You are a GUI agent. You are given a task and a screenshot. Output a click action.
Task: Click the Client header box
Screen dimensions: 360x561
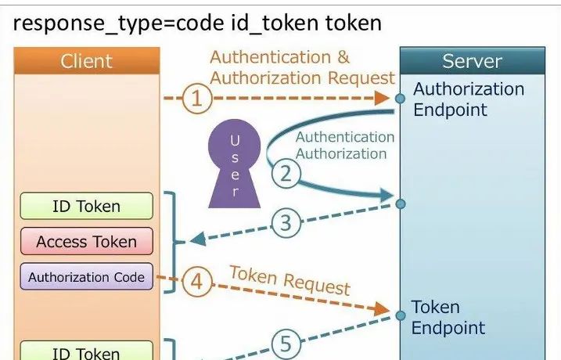(86, 61)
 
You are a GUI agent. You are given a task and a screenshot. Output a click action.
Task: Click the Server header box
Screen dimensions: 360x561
(472, 61)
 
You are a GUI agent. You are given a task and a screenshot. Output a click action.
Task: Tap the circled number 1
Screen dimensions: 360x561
(197, 99)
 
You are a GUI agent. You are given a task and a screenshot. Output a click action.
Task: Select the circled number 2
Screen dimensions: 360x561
(286, 172)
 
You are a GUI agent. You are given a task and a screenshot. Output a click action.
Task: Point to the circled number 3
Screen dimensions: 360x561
(286, 223)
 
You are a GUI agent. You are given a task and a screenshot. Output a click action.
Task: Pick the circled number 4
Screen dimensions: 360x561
(196, 281)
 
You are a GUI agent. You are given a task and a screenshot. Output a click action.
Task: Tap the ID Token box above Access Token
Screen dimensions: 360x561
(86, 207)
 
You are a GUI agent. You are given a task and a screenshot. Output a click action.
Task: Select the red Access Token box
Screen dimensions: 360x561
(86, 242)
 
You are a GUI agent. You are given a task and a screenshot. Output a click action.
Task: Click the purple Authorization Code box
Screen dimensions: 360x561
(86, 277)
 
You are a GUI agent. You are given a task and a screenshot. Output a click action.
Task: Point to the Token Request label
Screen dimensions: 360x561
(289, 279)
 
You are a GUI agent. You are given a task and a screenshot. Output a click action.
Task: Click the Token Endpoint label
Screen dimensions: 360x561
(448, 317)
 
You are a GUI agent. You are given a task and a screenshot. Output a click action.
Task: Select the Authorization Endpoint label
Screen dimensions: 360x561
(468, 99)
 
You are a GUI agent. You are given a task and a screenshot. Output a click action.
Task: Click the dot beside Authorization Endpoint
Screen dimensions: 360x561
(400, 99)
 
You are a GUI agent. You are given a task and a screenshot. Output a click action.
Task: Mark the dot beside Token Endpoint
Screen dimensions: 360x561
(400, 308)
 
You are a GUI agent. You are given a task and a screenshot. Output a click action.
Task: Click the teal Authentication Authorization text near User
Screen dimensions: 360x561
(344, 146)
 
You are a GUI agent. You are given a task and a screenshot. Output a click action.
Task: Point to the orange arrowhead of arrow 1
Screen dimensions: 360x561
(383, 99)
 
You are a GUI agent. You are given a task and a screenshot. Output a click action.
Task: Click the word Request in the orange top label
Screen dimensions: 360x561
(361, 77)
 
